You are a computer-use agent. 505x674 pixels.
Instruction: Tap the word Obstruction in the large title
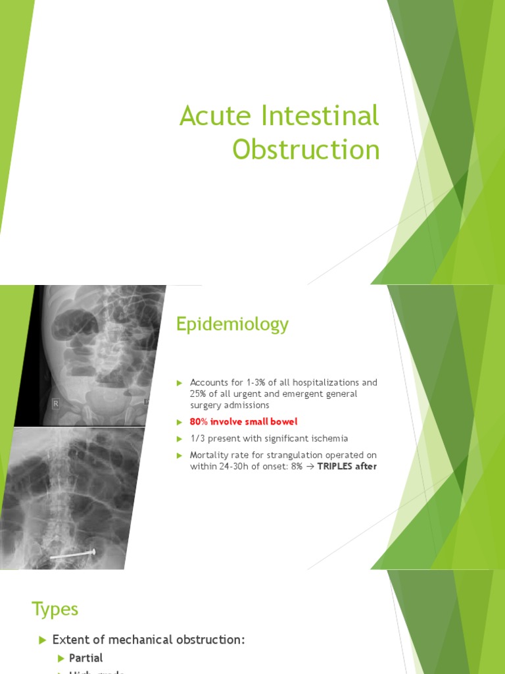point(306,150)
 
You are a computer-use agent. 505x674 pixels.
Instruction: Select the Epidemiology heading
point(231,324)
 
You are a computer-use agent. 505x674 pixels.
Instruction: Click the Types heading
point(55,609)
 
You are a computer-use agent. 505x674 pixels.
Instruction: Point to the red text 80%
point(199,421)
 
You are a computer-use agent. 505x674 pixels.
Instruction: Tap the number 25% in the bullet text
point(199,394)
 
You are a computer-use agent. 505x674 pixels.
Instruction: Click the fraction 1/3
point(197,438)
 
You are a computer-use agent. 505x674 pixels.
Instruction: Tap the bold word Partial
point(87,658)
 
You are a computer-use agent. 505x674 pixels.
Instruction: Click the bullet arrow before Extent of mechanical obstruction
point(42,640)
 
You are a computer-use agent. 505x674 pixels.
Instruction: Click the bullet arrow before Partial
point(62,658)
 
